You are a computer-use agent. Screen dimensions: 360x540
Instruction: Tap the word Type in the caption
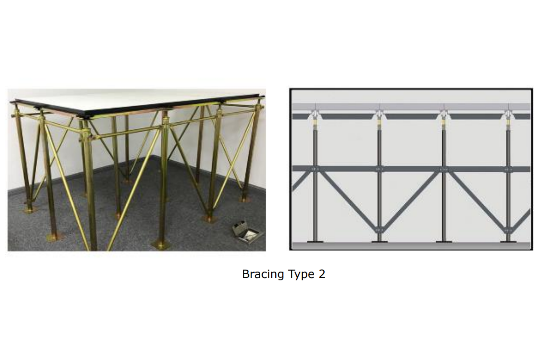tap(297, 274)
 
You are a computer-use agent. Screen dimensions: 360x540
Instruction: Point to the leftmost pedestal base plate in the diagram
tap(315, 241)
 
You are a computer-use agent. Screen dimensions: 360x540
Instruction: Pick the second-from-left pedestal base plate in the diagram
tap(379, 241)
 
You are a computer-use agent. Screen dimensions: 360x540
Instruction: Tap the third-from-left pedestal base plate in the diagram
tap(444, 241)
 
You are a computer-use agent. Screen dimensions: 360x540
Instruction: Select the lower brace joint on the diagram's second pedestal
tap(380, 229)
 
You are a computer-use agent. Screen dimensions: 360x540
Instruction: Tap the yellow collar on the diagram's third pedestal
tap(444, 125)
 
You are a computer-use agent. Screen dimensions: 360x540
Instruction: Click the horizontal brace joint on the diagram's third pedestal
tap(444, 169)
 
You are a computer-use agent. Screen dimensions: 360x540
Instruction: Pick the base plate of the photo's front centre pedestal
tap(161, 245)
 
